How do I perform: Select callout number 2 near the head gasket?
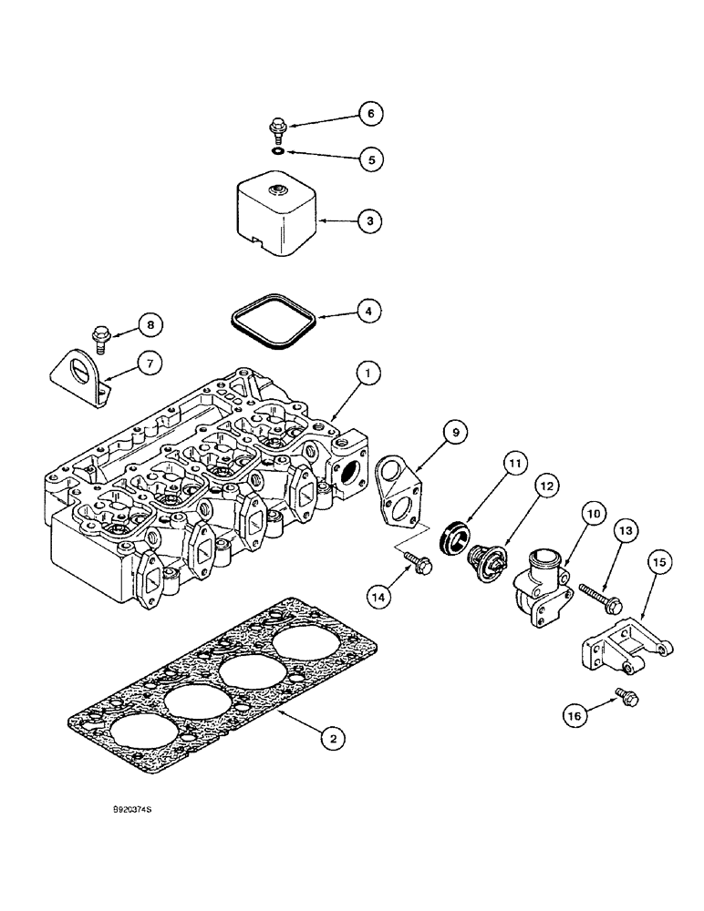pos(334,740)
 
